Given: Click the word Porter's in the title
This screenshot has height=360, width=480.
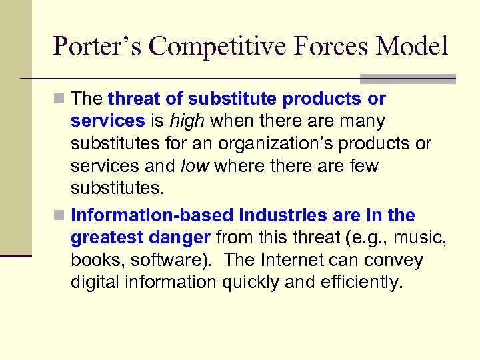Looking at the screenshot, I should pos(97,47).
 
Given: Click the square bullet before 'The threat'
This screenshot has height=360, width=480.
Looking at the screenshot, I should pos(61,99).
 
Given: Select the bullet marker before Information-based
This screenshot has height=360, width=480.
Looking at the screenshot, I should pos(61,216).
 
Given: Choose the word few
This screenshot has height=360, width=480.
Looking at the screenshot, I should pos(363,166).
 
